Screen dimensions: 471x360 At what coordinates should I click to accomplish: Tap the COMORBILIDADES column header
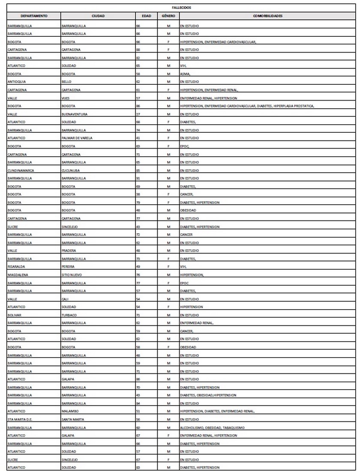(267, 16)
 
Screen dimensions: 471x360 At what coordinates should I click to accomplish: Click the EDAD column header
(146, 16)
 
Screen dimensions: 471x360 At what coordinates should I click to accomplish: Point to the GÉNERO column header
(168, 16)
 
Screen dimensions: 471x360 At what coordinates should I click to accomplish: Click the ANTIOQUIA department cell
(17, 81)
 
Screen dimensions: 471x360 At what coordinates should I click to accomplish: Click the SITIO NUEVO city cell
(71, 274)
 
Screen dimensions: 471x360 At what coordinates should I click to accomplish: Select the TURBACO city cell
(69, 315)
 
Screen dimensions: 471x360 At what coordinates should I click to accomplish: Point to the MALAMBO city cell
(69, 411)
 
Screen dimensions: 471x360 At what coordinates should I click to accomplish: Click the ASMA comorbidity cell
(185, 74)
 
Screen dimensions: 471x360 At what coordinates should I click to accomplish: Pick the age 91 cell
(138, 178)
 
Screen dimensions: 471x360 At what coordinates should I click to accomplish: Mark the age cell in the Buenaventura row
(138, 114)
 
